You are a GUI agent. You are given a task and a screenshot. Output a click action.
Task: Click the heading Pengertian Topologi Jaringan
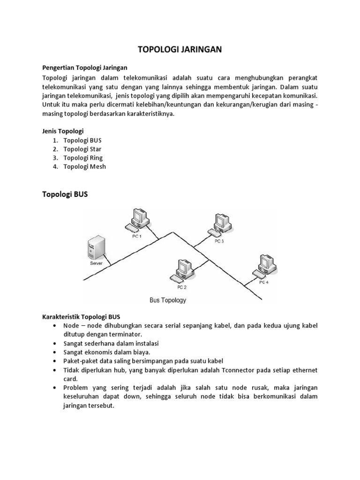85,67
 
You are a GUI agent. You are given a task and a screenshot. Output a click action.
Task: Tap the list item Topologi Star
82,149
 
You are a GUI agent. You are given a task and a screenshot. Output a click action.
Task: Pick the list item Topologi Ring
83,158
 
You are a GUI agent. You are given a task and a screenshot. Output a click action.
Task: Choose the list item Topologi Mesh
84,167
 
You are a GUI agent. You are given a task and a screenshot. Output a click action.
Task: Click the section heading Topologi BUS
65,195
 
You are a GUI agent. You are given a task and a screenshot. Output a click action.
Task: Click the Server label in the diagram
96,263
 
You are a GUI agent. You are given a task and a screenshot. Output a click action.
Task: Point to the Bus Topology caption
167,300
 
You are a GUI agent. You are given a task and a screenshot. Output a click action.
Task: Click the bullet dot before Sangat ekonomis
56,352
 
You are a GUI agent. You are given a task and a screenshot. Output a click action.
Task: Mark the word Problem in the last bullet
75,388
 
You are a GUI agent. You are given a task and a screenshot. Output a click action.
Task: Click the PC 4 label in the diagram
264,283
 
